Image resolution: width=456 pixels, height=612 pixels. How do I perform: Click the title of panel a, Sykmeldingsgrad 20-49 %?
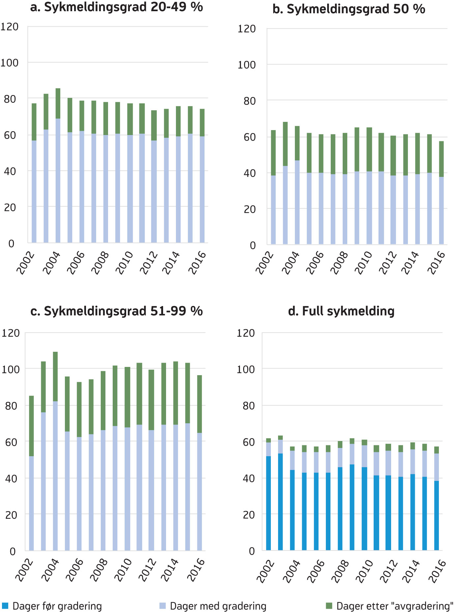point(116,7)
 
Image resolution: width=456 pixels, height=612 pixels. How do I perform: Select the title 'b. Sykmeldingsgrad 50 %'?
point(349,9)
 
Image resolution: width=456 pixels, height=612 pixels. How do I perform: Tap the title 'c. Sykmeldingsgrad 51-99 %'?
point(116,311)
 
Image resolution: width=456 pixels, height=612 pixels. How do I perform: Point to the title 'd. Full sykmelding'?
point(341,311)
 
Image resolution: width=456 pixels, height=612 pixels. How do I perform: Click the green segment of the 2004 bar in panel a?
point(58,103)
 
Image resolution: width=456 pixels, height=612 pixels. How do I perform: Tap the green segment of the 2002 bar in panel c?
point(32,426)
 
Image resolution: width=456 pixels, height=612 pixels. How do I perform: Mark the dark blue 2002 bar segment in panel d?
point(269,503)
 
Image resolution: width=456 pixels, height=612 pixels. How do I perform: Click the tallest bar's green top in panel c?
point(55,376)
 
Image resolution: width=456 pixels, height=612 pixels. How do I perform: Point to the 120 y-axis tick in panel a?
point(10,27)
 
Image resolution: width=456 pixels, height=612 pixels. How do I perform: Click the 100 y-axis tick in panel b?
point(246,65)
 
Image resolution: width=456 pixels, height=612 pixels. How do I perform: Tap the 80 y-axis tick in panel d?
point(249,405)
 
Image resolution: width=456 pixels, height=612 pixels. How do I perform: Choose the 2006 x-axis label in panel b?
point(315,263)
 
